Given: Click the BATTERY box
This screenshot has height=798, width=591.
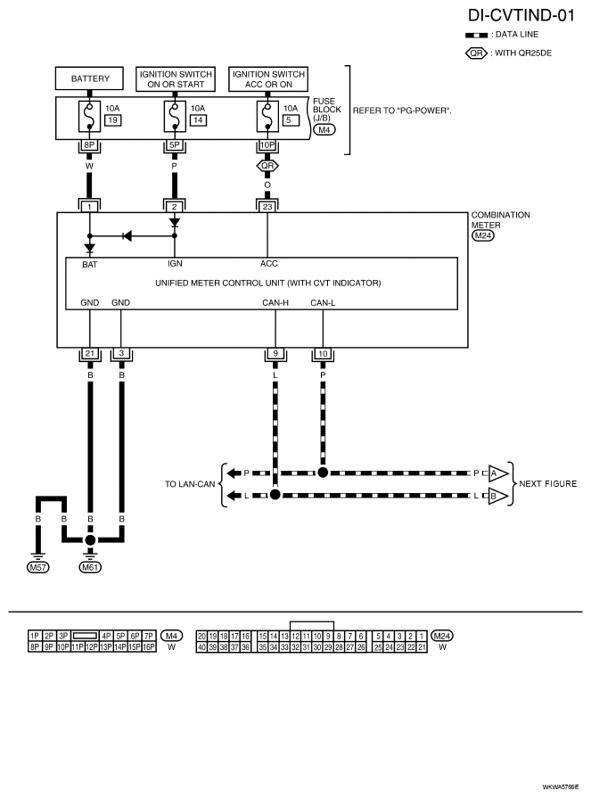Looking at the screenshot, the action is coord(89,78).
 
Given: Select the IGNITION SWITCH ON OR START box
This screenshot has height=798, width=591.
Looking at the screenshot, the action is coord(176,78).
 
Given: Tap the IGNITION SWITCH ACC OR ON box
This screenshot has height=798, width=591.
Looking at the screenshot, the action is coord(268,78).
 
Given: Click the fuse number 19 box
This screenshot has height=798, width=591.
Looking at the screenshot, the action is coord(113,120).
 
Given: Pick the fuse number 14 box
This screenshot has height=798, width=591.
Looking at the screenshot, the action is coord(198,120).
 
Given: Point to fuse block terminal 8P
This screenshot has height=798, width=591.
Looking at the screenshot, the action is coord(89,145).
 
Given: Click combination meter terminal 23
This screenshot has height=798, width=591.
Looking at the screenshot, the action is coord(267,206).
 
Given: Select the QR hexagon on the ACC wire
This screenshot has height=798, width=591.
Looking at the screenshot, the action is coord(267,166).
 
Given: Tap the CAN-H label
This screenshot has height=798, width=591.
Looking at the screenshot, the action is coord(275,303).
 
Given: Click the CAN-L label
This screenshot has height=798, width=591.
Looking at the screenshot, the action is coord(323,303).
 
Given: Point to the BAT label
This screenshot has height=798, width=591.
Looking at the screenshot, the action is coord(89,265).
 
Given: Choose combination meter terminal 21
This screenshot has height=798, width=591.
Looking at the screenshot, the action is coord(90,354).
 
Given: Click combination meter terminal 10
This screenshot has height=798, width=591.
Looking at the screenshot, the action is coord(323,354).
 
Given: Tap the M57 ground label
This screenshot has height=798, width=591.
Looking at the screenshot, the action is coord(37,567).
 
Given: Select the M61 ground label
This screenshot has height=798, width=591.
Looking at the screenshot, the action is coord(90,567).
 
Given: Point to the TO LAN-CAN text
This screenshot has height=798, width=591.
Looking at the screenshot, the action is coord(190,484).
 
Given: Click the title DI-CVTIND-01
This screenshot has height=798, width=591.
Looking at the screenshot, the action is coord(521,15).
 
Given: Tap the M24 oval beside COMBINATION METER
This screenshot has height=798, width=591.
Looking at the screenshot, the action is coord(482,235).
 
